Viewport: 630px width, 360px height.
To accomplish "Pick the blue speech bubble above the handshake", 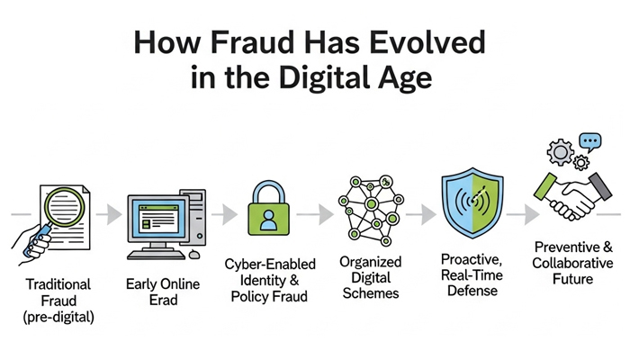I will [x=589, y=141].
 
